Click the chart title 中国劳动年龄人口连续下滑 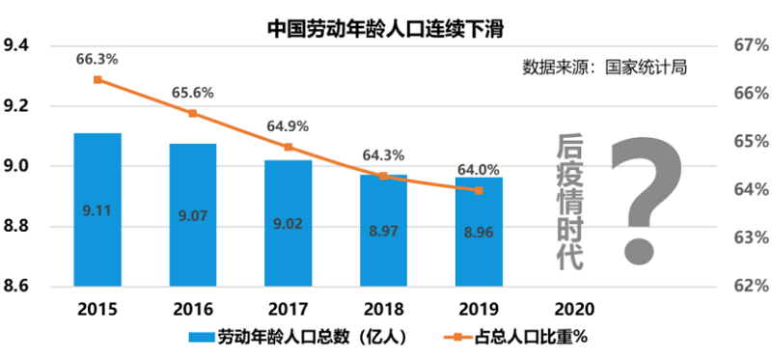coord(385,29)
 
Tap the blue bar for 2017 coord(288,223)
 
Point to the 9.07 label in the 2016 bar coord(193,215)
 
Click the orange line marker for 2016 coord(193,113)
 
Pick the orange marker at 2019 coord(479,190)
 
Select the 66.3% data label coord(97,60)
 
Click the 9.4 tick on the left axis coord(16,45)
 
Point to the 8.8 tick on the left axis coord(16,227)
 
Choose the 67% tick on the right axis coord(751,45)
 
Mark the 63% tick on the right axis coord(751,237)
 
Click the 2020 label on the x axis coord(574,309)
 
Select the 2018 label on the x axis coord(383,309)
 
